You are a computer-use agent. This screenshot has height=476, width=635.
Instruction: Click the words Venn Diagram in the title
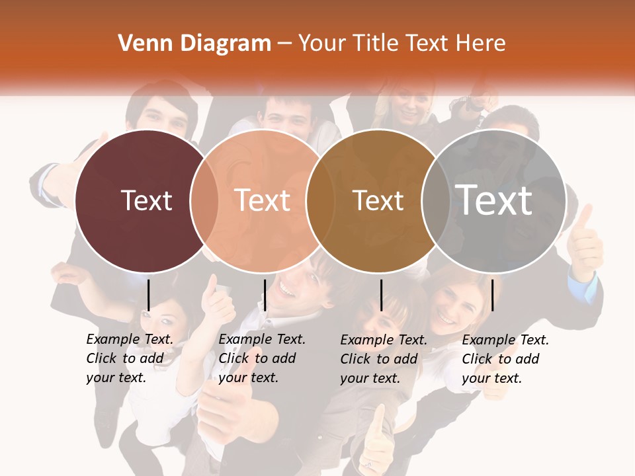194,44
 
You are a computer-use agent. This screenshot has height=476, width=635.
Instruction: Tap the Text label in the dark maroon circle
146,200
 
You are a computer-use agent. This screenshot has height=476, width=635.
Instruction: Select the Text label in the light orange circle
263,200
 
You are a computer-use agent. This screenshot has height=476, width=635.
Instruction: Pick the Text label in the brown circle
378,200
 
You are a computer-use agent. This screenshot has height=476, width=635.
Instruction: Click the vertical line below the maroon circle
148,295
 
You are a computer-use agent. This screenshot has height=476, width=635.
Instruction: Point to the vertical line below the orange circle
265,295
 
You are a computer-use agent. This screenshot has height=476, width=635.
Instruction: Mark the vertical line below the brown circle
381,295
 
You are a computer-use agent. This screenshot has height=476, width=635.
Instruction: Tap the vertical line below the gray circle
492,295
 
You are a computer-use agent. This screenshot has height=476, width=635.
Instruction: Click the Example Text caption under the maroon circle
130,358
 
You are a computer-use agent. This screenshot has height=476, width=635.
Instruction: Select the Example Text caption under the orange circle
262,358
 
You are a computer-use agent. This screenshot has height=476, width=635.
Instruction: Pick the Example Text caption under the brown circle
384,359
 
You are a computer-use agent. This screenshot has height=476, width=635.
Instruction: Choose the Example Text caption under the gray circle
505,359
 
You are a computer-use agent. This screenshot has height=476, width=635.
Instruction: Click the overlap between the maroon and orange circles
204,200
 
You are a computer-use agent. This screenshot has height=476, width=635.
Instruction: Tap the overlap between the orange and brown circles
320,200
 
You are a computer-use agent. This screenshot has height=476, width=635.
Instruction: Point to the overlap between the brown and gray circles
436,200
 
